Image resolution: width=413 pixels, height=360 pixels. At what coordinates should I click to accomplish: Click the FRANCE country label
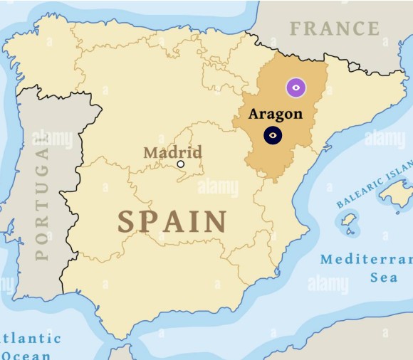pyautogui.click(x=335, y=29)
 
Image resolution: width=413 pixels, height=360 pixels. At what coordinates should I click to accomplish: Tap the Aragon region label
pyautogui.click(x=275, y=114)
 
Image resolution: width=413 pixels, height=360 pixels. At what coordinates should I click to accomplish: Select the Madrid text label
pyautogui.click(x=172, y=152)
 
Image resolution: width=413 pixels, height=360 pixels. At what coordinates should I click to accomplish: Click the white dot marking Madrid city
pyautogui.click(x=180, y=164)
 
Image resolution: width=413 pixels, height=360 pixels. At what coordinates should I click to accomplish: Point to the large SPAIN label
pyautogui.click(x=172, y=222)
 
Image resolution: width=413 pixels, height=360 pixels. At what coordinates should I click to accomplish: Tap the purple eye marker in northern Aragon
pyautogui.click(x=296, y=88)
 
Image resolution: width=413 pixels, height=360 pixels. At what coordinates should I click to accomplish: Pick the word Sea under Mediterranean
pyautogui.click(x=384, y=277)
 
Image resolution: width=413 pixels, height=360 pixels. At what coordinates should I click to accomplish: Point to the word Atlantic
pyautogui.click(x=31, y=338)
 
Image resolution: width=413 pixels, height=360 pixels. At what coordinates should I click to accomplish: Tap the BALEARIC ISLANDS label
pyautogui.click(x=375, y=186)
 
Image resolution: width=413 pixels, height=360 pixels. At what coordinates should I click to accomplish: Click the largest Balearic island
pyautogui.click(x=395, y=193)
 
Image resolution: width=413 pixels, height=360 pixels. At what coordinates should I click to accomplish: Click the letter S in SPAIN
pyautogui.click(x=126, y=222)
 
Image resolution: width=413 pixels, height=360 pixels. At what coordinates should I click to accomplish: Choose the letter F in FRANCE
pyautogui.click(x=296, y=29)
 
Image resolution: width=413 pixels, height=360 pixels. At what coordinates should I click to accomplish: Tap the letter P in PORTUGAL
pyautogui.click(x=42, y=253)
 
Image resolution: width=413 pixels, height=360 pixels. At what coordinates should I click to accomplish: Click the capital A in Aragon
pyautogui.click(x=253, y=114)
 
